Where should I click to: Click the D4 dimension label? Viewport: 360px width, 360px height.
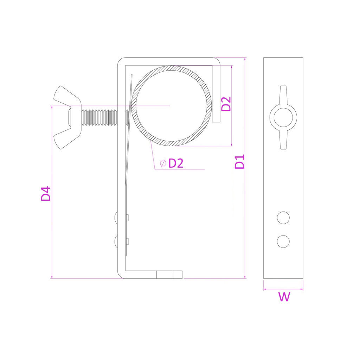tap(46, 194)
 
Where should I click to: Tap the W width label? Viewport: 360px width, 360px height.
tap(284, 297)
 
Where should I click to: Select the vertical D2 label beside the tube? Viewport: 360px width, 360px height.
tap(227, 104)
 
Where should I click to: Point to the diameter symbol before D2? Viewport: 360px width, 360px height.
tap(162, 163)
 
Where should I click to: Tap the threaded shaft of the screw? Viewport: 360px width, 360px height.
tap(98, 117)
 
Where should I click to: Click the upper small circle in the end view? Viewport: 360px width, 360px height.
tap(283, 218)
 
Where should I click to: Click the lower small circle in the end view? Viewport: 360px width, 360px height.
tap(283, 241)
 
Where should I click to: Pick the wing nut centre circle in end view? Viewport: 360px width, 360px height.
tap(283, 117)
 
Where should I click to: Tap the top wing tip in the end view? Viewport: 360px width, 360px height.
tap(283, 90)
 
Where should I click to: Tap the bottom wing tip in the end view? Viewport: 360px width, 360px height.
tap(283, 145)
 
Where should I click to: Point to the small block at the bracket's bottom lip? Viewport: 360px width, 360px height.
tap(169, 274)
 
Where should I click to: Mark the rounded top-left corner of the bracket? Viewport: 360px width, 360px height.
tap(121, 62)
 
